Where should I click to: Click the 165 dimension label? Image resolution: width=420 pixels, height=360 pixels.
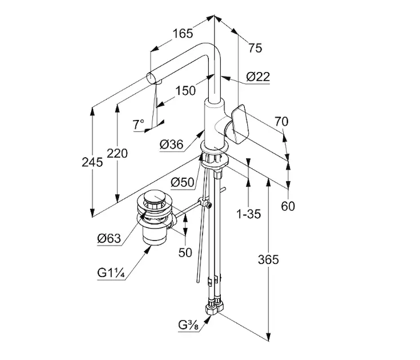182,34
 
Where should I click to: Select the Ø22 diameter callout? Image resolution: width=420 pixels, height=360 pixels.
258,77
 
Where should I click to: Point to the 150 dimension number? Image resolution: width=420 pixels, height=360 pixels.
187,91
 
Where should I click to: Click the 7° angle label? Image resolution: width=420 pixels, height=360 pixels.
139,125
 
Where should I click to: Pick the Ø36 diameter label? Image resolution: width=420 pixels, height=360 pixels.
172,145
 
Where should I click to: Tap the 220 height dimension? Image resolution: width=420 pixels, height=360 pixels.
118,154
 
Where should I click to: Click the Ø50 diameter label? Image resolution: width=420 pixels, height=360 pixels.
182,182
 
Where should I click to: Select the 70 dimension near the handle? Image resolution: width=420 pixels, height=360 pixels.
281,122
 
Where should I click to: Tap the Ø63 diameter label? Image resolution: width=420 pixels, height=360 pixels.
109,238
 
